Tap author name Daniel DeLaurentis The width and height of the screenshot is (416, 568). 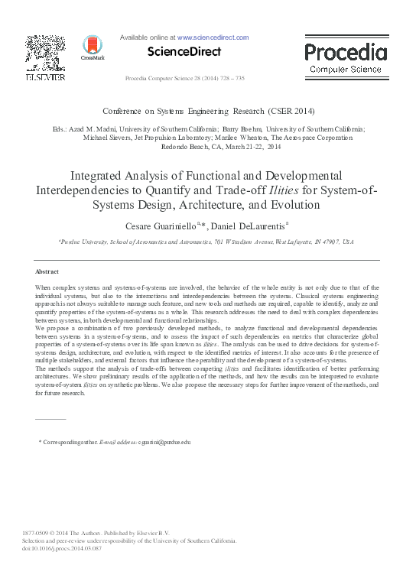pos(247,226)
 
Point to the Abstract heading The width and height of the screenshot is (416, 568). pos(48,271)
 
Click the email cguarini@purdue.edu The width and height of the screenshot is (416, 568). pos(164,442)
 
